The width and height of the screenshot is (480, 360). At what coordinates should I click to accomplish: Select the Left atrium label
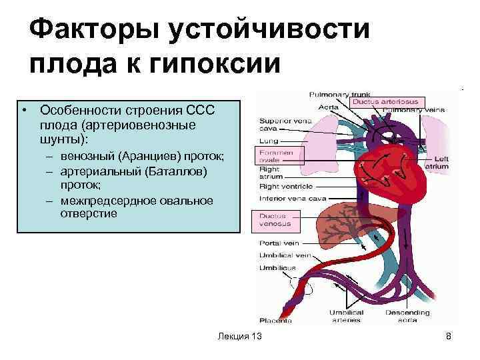point(441,162)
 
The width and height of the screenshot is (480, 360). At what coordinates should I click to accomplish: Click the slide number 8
point(449,337)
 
